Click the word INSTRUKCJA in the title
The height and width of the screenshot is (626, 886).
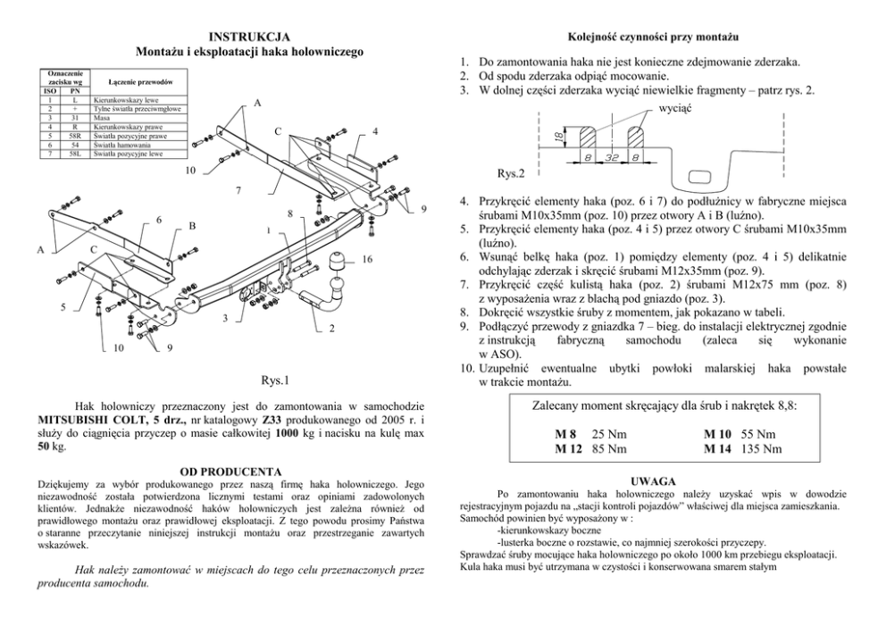point(249,37)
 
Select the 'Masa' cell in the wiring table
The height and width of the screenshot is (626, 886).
point(103,117)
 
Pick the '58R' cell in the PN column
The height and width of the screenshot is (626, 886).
point(77,135)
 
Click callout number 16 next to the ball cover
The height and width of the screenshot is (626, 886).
point(368,259)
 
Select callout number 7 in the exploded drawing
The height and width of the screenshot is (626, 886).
point(238,190)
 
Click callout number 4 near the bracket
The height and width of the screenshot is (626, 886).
point(375,131)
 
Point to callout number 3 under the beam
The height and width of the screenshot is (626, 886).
point(226,319)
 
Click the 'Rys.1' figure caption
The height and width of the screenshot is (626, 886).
point(274,381)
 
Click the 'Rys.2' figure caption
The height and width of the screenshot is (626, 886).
point(510,172)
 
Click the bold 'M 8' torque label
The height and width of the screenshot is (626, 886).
point(566,433)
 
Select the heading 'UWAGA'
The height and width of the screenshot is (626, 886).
point(653,480)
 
